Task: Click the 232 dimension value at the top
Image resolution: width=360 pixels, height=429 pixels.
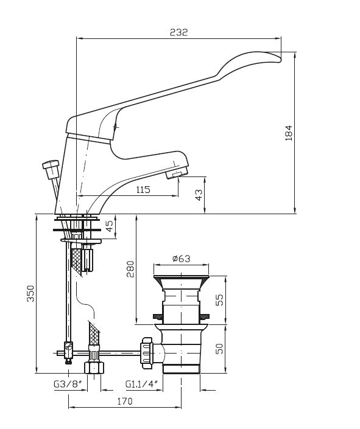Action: click(x=178, y=32)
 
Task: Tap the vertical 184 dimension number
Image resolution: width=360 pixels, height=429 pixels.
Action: click(x=289, y=133)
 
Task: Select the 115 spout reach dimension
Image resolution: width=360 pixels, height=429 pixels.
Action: click(x=143, y=189)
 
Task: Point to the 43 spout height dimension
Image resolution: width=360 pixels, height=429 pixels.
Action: click(x=199, y=195)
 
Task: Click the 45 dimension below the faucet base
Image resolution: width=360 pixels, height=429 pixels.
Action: click(x=109, y=226)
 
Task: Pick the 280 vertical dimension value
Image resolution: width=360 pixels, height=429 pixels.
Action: click(x=130, y=269)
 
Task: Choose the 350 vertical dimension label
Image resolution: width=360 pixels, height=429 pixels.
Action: click(x=30, y=293)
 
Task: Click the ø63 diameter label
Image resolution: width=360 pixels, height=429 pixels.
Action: click(x=182, y=258)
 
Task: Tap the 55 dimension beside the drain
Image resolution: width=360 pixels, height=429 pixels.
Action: click(x=219, y=300)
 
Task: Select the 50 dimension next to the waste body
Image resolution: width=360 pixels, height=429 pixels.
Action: click(x=219, y=349)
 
